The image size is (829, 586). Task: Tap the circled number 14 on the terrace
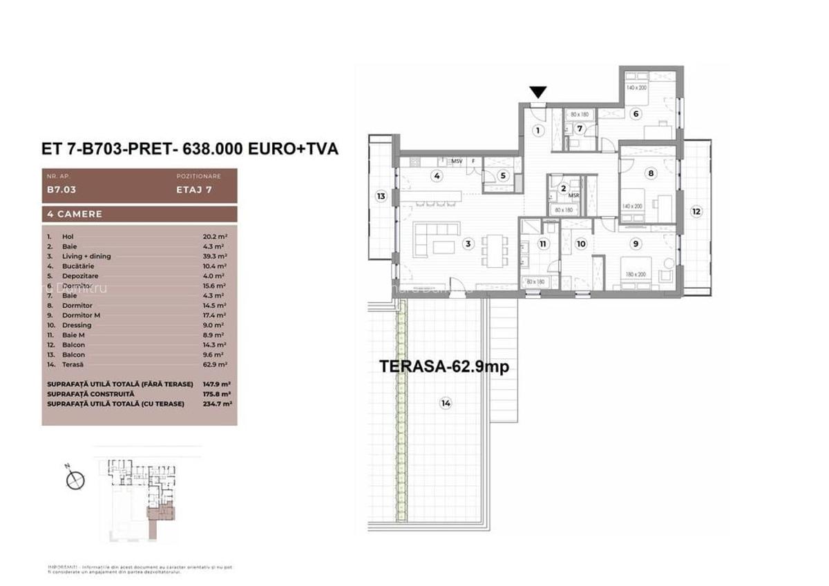(x=446, y=404)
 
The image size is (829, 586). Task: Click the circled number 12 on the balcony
(x=696, y=211)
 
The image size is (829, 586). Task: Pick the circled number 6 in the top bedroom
(x=634, y=114)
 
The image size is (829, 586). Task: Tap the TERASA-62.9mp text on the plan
(x=444, y=367)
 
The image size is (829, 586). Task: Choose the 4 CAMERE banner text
(x=72, y=214)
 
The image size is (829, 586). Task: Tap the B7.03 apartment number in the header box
(x=61, y=186)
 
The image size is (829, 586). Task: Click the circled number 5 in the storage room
(x=503, y=176)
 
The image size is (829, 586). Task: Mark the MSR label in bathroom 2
(x=573, y=196)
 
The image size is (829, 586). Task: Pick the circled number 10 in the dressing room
(x=580, y=244)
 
